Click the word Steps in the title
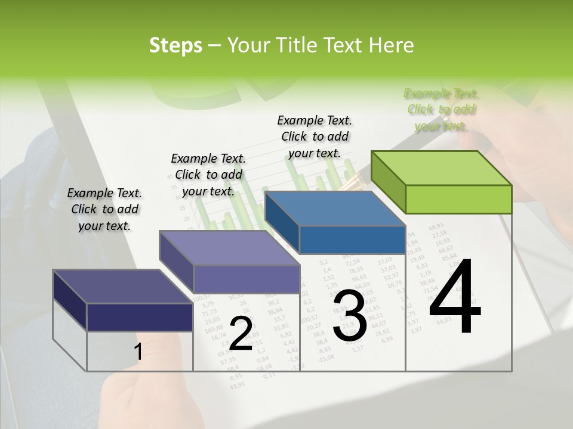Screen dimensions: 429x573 pyautogui.click(x=175, y=45)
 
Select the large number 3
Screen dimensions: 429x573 pyautogui.click(x=350, y=315)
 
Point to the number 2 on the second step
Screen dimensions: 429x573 pyautogui.click(x=241, y=334)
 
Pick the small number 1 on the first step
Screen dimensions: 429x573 pyautogui.click(x=138, y=352)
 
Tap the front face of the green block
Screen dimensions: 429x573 pyautogui.click(x=458, y=199)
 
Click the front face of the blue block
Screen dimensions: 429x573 pyautogui.click(x=352, y=240)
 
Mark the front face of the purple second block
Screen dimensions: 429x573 pyautogui.click(x=247, y=279)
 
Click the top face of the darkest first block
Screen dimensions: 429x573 pyautogui.click(x=123, y=287)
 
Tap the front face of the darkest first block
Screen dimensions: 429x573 pyautogui.click(x=140, y=317)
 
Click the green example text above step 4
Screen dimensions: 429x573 pyautogui.click(x=441, y=110)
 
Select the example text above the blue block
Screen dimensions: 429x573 pyautogui.click(x=315, y=136)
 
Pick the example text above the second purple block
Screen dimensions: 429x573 pyautogui.click(x=208, y=175)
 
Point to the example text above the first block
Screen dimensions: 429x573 pyautogui.click(x=104, y=209)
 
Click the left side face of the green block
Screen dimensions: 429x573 pyautogui.click(x=388, y=182)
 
